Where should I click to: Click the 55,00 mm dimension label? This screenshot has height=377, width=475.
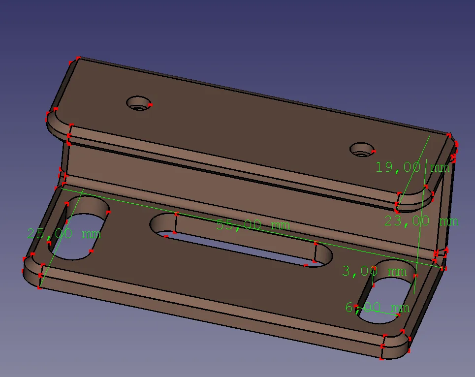(253, 225)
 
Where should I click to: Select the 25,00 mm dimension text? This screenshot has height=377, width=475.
(64, 233)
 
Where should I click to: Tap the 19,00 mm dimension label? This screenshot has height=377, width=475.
(412, 167)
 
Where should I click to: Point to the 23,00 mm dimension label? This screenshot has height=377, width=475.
(421, 221)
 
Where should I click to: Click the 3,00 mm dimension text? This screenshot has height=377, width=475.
(374, 271)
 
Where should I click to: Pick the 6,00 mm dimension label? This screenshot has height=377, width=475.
(378, 308)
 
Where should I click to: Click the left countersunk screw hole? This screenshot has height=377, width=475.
(139, 103)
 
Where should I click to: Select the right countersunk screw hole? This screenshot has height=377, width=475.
(362, 150)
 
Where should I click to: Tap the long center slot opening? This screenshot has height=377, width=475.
(241, 240)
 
